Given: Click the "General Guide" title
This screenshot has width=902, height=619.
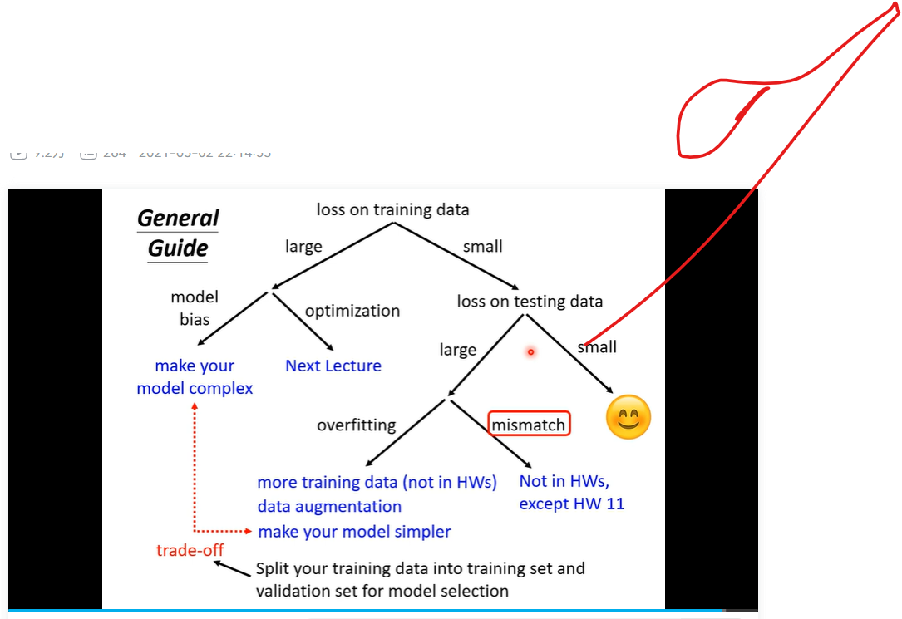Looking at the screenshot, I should pyautogui.click(x=178, y=233).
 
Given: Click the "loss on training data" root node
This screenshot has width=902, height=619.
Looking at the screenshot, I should pyautogui.click(x=392, y=209).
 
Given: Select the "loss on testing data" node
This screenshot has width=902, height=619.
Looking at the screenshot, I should pyautogui.click(x=530, y=301).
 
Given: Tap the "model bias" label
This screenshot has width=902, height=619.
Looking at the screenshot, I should pyautogui.click(x=195, y=307).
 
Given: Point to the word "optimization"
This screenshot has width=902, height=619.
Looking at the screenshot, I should pyautogui.click(x=352, y=311).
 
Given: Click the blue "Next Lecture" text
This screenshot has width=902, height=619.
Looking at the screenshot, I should pyautogui.click(x=333, y=366).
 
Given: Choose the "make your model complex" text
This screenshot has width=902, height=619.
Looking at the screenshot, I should pyautogui.click(x=195, y=376).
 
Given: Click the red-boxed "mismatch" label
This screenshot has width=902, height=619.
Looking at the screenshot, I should pyautogui.click(x=529, y=425).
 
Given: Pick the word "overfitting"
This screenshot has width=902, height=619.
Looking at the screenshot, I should pyautogui.click(x=356, y=425).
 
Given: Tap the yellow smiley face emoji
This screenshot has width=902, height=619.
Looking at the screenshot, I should pyautogui.click(x=628, y=417).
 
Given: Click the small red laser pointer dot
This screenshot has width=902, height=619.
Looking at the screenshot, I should pyautogui.click(x=530, y=352).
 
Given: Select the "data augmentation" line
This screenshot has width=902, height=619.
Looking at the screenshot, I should pyautogui.click(x=329, y=506).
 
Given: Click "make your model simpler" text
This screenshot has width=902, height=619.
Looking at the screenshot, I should pyautogui.click(x=354, y=531).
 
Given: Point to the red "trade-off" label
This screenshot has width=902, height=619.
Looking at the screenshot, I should pyautogui.click(x=190, y=550).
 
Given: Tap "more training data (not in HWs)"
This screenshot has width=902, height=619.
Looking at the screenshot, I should pyautogui.click(x=377, y=482).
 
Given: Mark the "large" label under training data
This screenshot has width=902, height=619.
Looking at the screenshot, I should pyautogui.click(x=303, y=247).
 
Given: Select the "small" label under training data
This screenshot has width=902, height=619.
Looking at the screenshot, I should pyautogui.click(x=483, y=247).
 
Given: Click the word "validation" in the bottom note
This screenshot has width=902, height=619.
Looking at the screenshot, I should pyautogui.click(x=294, y=592).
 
